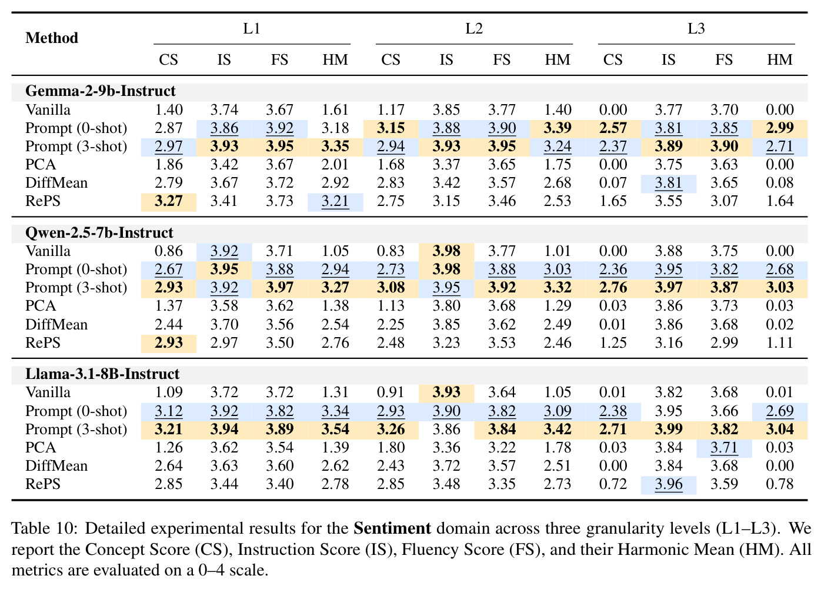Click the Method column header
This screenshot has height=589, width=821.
pos(52,38)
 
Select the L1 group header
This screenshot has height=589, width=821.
pos(252,28)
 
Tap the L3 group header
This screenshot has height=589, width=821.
pos(696,28)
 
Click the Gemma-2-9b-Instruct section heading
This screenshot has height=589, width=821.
pos(101,91)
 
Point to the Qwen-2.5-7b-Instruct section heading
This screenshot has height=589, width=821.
pos(99,232)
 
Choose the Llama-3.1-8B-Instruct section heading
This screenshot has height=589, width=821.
pos(102,374)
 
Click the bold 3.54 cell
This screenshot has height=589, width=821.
pos(335,429)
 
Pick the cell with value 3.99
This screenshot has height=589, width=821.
pos(669,429)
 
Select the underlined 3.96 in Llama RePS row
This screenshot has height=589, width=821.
pos(669,484)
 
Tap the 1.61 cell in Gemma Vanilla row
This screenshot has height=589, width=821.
pos(335,109)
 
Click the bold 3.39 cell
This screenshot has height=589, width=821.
pos(557,128)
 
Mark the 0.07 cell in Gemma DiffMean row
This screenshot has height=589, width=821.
pos(613,182)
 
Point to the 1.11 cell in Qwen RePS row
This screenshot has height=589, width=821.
pos(780,342)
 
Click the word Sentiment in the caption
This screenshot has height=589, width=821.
pos(392,528)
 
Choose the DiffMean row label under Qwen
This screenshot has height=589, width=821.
pos(56,325)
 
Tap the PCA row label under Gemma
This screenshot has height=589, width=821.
pos(41,164)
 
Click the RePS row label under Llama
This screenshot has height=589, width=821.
pos(42,484)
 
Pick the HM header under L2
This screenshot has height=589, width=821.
pos(557,60)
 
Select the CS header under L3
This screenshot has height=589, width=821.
pos(613,60)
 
